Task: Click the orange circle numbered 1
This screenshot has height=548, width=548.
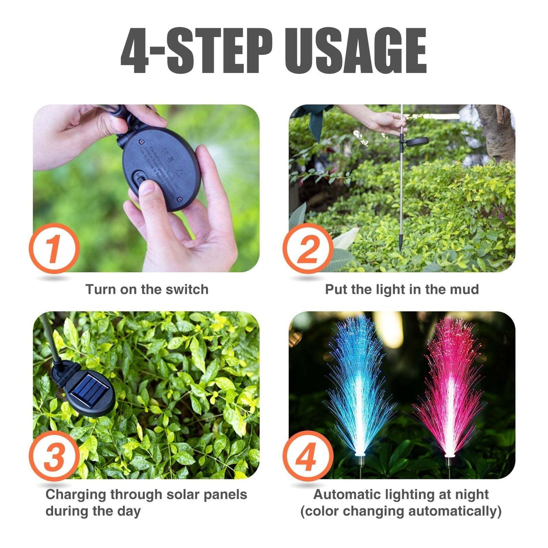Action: [54, 248]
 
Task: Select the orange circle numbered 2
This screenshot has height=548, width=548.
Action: [308, 248]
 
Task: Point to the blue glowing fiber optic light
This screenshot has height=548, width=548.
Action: [358, 387]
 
